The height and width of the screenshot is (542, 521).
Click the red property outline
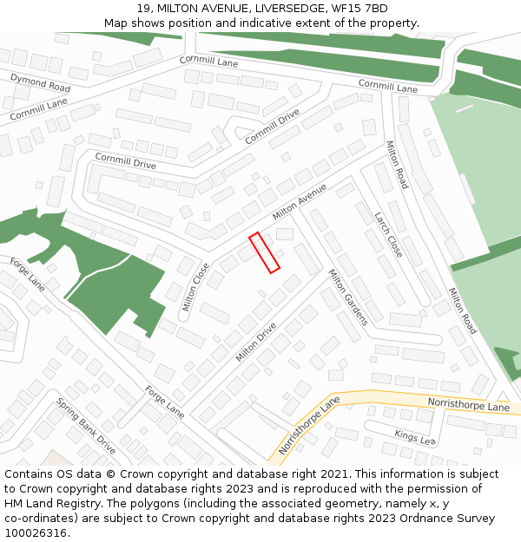[x=264, y=252]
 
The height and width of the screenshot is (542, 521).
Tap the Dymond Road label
[x=40, y=83]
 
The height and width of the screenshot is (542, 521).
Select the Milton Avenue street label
[x=300, y=201]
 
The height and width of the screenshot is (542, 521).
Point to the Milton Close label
[x=195, y=287]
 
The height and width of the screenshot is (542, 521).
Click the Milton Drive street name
[x=256, y=342]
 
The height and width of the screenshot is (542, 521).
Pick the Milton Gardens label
[x=347, y=297]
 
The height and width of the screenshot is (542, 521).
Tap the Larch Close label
[x=388, y=234]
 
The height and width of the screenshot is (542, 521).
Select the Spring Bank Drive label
[x=86, y=426]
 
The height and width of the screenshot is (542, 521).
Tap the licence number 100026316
[x=36, y=533]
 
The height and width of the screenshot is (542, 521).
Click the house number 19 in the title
[x=142, y=9]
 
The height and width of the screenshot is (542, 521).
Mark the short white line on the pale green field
[x=465, y=109]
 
